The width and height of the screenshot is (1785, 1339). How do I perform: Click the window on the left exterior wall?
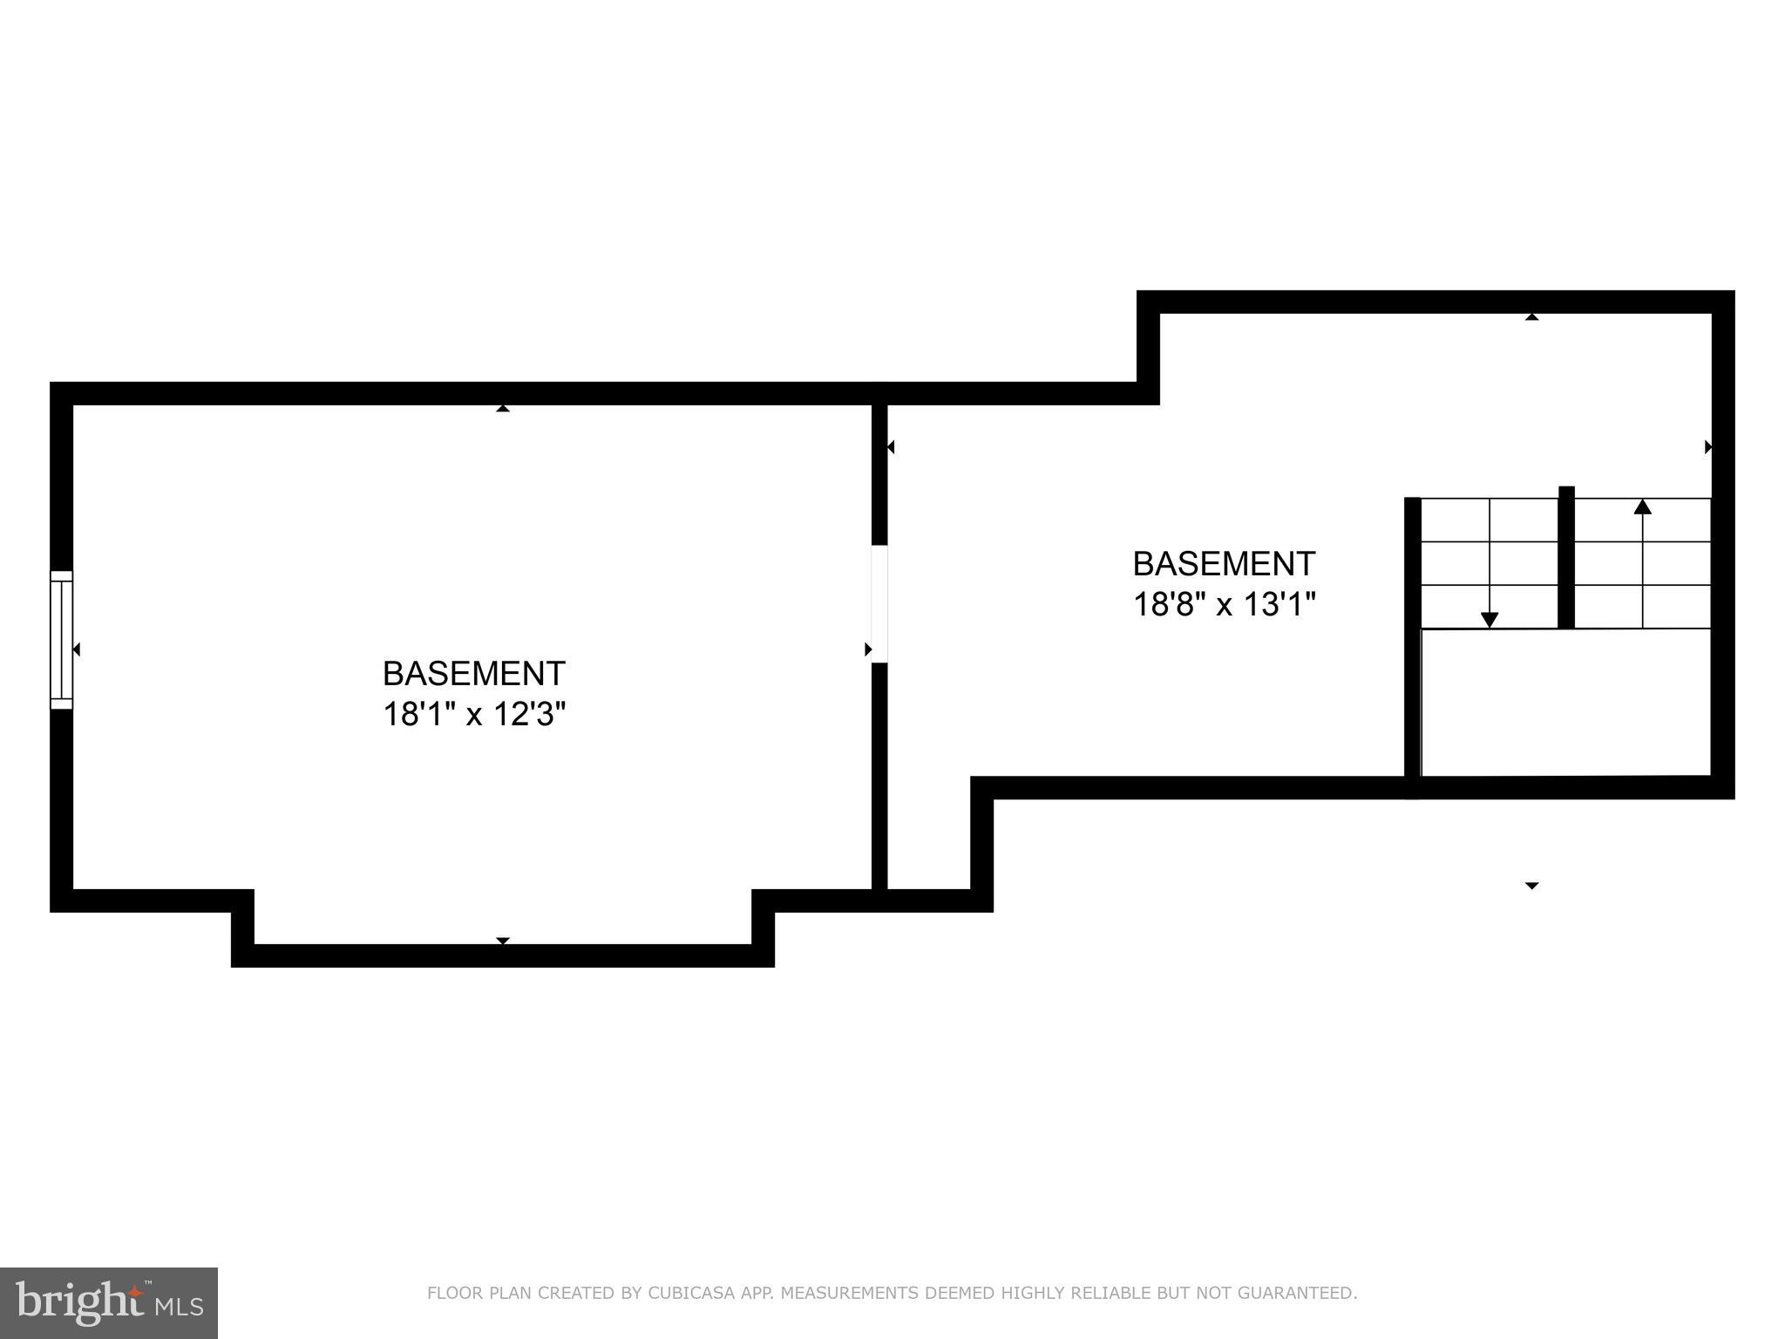pos(61,639)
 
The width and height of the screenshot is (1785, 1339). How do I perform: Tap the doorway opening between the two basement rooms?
pos(879,603)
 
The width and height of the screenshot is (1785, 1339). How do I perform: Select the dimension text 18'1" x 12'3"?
pos(474,715)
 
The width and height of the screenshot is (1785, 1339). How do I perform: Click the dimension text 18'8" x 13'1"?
pos(1224,604)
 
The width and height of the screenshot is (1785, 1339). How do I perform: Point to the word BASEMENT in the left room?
pos(474,674)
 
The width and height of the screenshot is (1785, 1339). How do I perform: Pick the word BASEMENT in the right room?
pos(1224,564)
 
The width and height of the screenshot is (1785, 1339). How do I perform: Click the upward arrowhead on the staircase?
pos(1643,506)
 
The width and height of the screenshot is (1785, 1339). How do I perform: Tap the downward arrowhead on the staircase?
pos(1490,620)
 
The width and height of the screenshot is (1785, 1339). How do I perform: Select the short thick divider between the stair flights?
pos(1566,558)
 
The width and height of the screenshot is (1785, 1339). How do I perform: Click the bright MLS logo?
pos(109,1303)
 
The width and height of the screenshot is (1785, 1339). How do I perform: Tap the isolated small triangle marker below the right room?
pos(1531,886)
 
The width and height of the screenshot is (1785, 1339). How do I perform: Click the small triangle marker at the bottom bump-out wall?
pos(503,941)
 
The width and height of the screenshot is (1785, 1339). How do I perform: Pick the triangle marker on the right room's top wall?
pos(1531,316)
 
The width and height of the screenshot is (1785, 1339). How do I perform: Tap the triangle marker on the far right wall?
pos(1708,447)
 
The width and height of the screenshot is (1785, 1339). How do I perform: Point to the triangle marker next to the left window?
pos(77,649)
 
